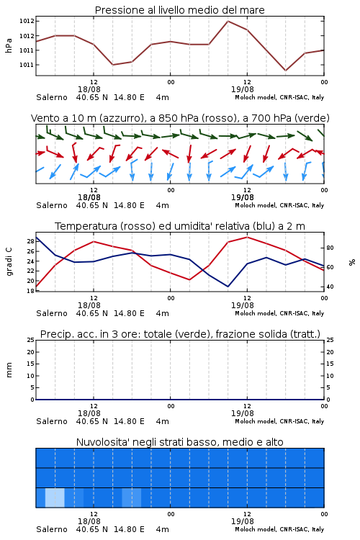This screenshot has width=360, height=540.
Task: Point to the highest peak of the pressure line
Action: pyautogui.click(x=228, y=21)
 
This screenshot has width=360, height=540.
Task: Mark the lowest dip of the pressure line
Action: pyautogui.click(x=285, y=71)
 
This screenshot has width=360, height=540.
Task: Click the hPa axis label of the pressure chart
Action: pyautogui.click(x=9, y=45)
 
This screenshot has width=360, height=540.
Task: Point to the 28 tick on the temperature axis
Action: pyautogui.click(x=31, y=241)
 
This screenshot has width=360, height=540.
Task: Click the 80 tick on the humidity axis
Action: pyautogui.click(x=330, y=248)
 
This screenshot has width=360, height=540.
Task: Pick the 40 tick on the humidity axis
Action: pyautogui.click(x=330, y=287)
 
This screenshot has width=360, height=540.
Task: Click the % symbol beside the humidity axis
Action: pyautogui.click(x=352, y=262)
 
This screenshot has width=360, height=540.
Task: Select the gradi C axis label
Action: pyautogui.click(x=9, y=262)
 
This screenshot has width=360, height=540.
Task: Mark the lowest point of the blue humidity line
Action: pyautogui.click(x=228, y=287)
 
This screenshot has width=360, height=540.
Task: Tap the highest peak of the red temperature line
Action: pyautogui.click(x=247, y=237)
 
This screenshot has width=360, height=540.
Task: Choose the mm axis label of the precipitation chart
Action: pyautogui.click(x=9, y=370)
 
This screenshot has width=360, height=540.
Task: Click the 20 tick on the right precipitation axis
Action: pyautogui.click(x=330, y=352)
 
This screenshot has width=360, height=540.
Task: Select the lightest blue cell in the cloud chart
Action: pyautogui.click(x=55, y=498)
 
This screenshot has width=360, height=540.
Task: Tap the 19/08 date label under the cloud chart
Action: pyautogui.click(x=243, y=521)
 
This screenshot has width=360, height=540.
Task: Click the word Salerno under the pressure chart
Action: pyautogui.click(x=52, y=97)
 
